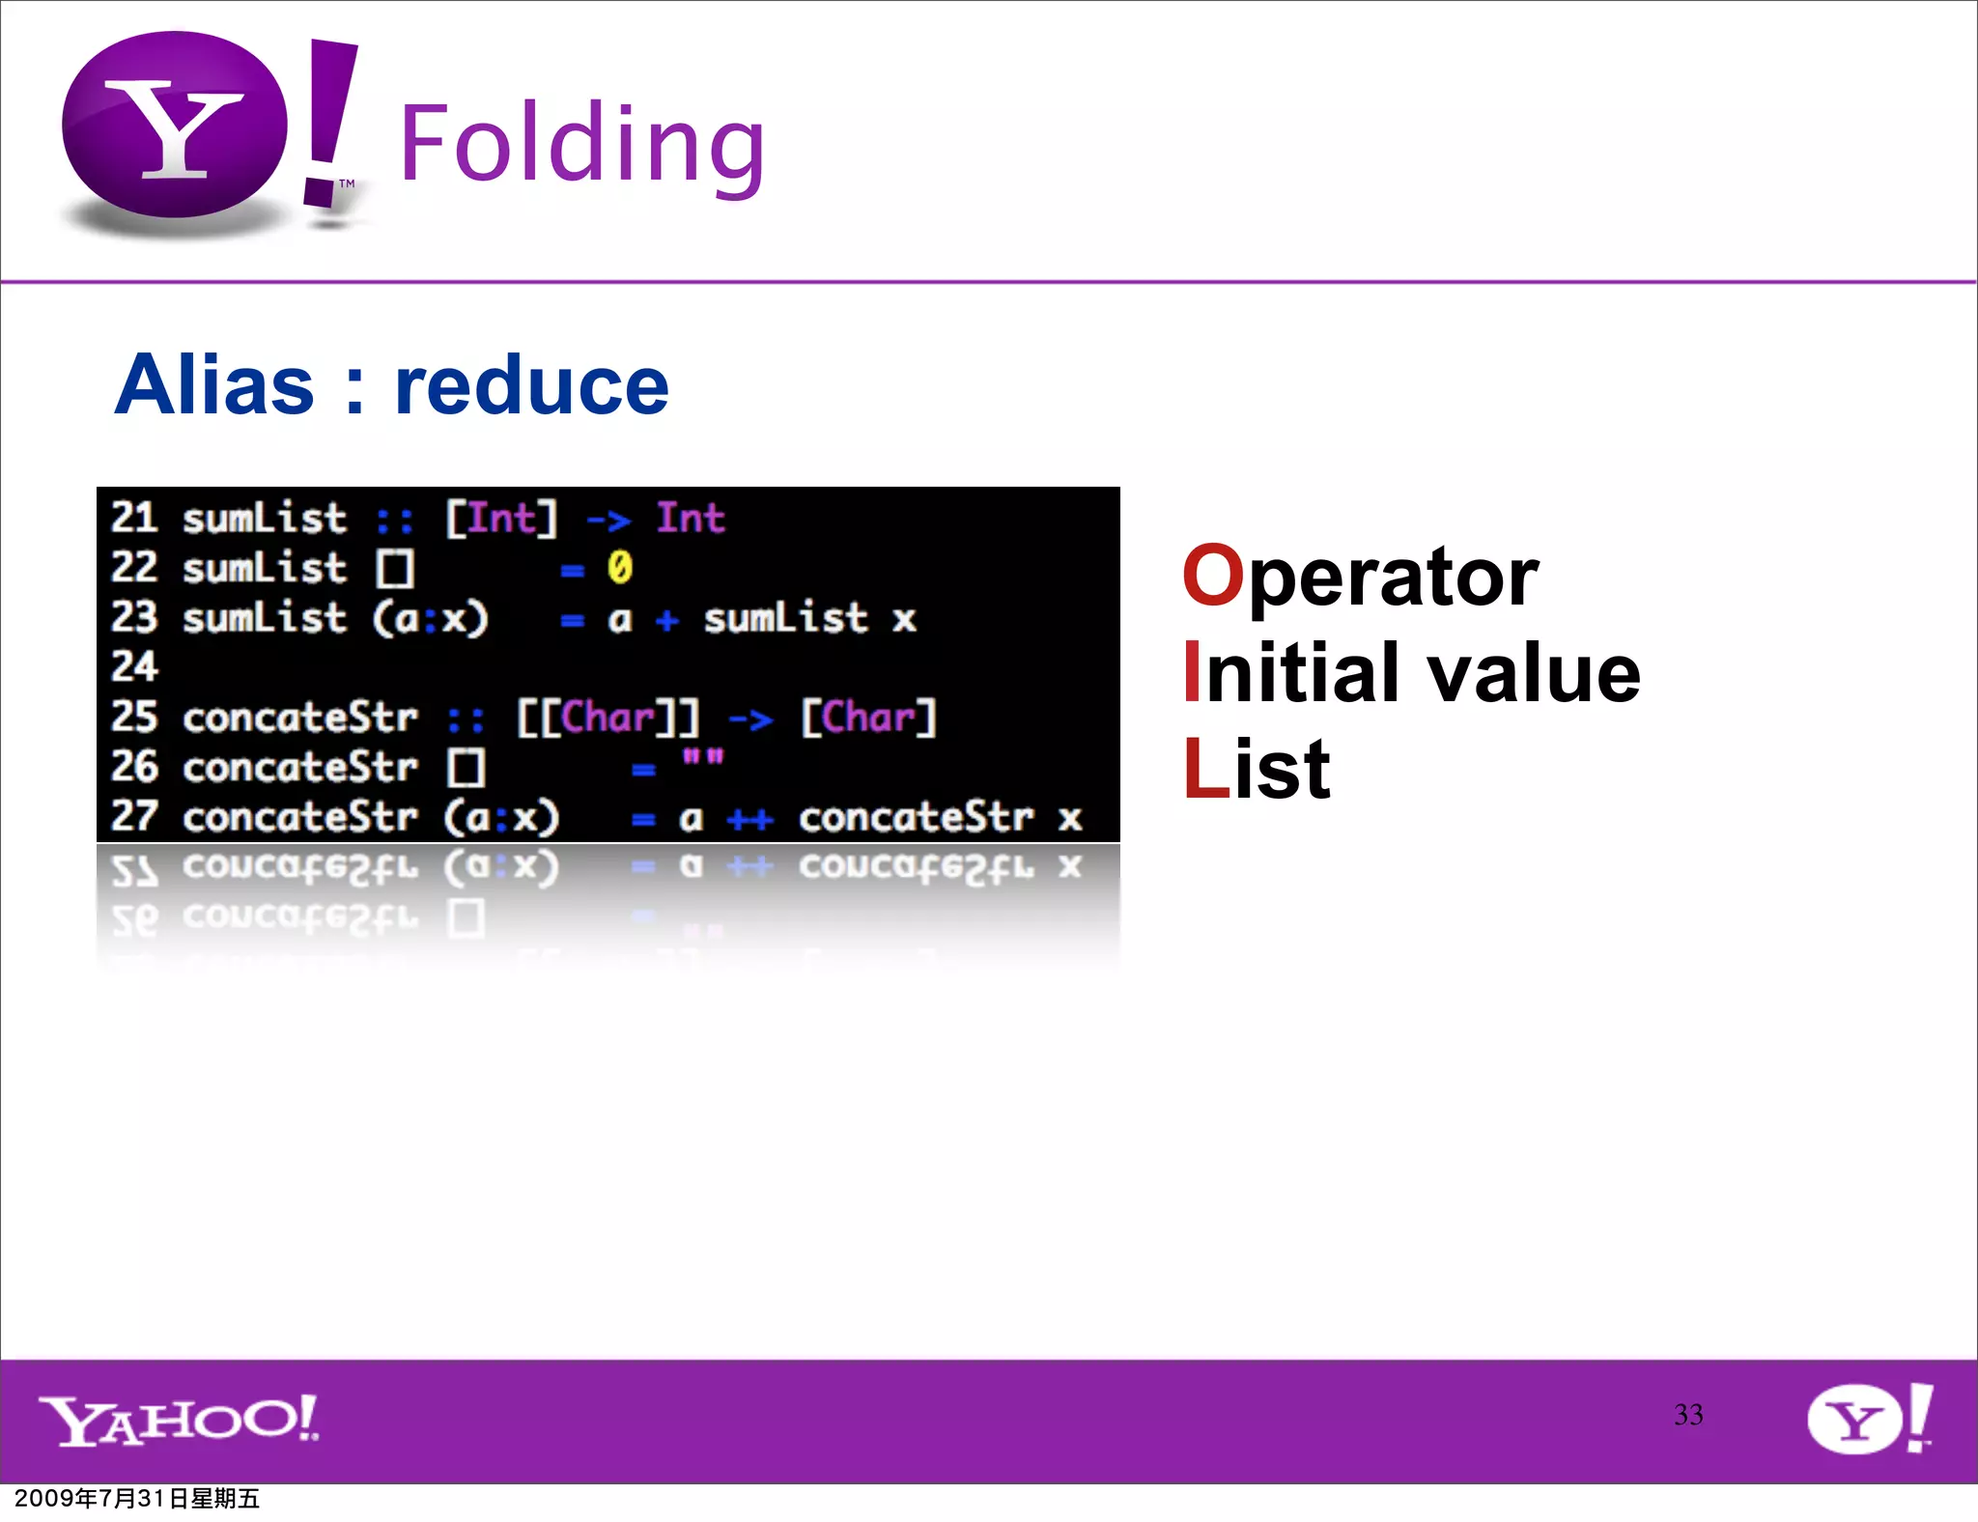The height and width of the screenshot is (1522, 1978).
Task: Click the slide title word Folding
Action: click(582, 145)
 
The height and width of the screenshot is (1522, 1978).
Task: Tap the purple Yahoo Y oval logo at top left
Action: click(175, 126)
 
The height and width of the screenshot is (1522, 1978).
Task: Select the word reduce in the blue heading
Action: click(531, 385)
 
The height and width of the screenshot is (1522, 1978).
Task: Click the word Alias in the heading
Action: click(214, 385)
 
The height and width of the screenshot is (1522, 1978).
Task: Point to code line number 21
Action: click(134, 519)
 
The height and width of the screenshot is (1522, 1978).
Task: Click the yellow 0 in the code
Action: click(619, 568)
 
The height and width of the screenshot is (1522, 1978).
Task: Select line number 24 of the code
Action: click(134, 666)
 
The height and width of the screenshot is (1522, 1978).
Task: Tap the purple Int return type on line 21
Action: click(691, 519)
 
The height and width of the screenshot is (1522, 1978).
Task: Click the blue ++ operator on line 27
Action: click(750, 820)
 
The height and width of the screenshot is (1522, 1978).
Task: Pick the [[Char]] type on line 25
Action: click(608, 718)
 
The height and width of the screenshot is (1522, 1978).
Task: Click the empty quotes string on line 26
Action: click(702, 756)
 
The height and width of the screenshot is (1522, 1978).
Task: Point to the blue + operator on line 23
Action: click(666, 619)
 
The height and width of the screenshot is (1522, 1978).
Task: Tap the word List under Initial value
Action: click(1257, 770)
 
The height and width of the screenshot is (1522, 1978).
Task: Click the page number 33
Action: click(1688, 1415)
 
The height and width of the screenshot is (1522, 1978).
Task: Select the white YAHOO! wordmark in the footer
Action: click(180, 1421)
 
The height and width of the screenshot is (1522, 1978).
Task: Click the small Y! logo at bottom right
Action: click(1870, 1418)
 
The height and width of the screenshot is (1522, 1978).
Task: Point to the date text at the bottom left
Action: click(137, 1498)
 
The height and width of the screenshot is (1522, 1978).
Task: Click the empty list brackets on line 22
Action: click(395, 569)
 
